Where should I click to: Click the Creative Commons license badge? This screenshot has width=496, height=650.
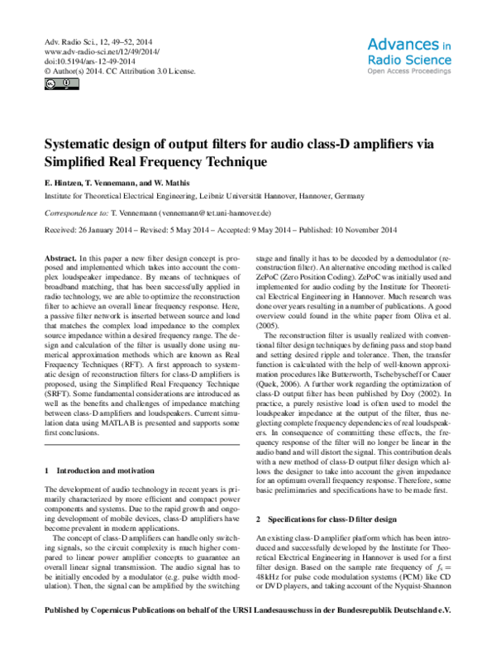[54, 84]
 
